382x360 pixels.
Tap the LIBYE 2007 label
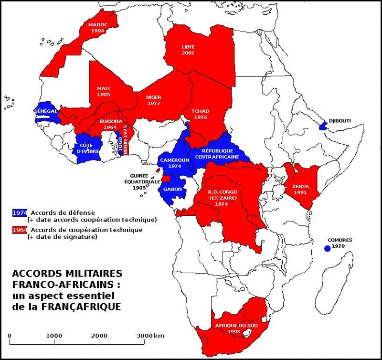click(188, 50)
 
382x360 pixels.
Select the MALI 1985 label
click(103, 91)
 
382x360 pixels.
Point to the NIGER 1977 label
click(153, 100)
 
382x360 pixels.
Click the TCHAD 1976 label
click(201, 114)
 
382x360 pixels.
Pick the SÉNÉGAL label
click(46, 110)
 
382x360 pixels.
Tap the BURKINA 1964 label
click(109, 124)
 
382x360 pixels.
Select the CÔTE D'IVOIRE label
click(88, 148)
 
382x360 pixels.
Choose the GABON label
click(172, 190)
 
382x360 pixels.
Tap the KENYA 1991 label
click(301, 189)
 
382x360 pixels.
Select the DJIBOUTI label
click(340, 121)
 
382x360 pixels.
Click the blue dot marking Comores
click(327, 248)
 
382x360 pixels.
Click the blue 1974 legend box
click(20, 212)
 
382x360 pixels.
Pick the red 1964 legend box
click(20, 230)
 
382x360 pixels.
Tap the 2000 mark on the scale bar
click(99, 336)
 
